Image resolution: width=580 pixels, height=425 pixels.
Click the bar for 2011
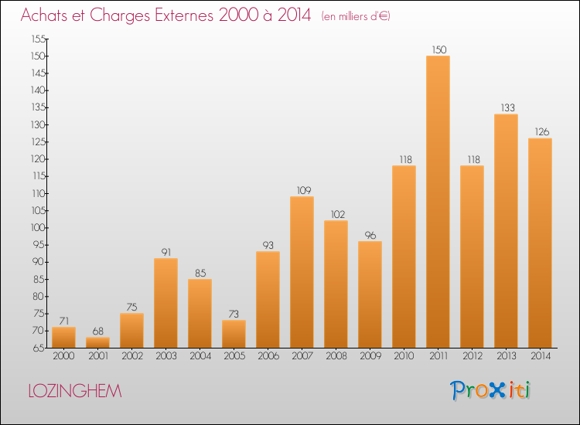pyautogui.click(x=438, y=201)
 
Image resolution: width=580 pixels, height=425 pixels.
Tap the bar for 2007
pyautogui.click(x=302, y=271)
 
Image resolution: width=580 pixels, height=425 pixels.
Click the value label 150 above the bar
pyautogui.click(x=438, y=49)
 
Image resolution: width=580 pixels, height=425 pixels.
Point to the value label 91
pyautogui.click(x=165, y=251)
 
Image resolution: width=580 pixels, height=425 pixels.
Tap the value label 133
pyautogui.click(x=506, y=107)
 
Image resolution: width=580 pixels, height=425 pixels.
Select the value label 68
pyautogui.click(x=97, y=330)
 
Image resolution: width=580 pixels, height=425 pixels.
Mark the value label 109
pyautogui.click(x=302, y=189)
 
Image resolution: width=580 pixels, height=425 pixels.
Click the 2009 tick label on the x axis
pyautogui.click(x=370, y=355)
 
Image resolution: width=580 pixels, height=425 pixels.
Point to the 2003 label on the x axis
pyautogui.click(x=165, y=355)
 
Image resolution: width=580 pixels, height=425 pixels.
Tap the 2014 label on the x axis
pyautogui.click(x=540, y=355)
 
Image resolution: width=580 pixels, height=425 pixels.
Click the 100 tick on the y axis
pyautogui.click(x=38, y=227)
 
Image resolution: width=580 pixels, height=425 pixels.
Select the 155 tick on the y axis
pyautogui.click(x=38, y=39)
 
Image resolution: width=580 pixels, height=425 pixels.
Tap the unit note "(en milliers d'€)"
pyautogui.click(x=356, y=16)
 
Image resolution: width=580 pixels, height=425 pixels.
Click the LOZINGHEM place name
pyautogui.click(x=74, y=391)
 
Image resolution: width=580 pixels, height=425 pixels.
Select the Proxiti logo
pyautogui.click(x=490, y=390)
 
